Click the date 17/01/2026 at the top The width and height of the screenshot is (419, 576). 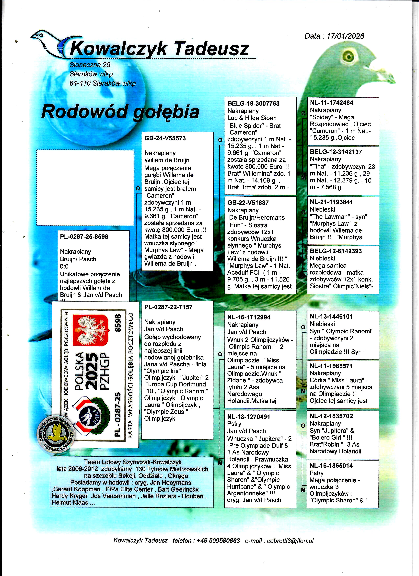coord(345,36)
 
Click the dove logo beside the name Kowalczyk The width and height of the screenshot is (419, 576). coord(48,43)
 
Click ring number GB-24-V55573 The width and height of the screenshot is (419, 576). coord(165,138)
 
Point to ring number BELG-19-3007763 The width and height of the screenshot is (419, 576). coord(253,104)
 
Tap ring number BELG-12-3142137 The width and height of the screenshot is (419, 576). coord(336,152)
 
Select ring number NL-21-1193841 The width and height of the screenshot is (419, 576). coord(331,202)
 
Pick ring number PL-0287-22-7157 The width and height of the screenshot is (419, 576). coord(168,307)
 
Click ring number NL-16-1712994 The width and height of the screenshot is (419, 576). coord(249,317)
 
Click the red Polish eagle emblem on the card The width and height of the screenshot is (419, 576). coord(91,330)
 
